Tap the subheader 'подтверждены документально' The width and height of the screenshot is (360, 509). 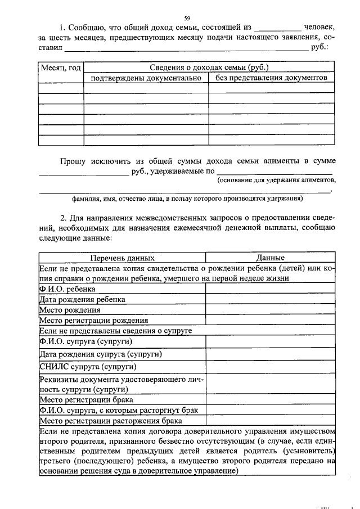pyautogui.click(x=146, y=77)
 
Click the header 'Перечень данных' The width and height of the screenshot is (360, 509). pyautogui.click(x=122, y=258)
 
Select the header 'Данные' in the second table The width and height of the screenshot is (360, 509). pyautogui.click(x=270, y=258)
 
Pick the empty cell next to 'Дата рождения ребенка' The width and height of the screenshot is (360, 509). pyautogui.click(x=270, y=299)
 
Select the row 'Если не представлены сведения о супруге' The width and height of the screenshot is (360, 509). pyautogui.click(x=116, y=331)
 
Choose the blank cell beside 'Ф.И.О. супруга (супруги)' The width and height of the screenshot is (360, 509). pyautogui.click(x=270, y=342)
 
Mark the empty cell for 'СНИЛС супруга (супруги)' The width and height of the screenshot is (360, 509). pyautogui.click(x=270, y=367)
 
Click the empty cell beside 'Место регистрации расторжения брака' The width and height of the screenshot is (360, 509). pyautogui.click(x=270, y=420)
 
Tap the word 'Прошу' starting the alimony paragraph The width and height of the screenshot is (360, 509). pyautogui.click(x=73, y=161)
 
